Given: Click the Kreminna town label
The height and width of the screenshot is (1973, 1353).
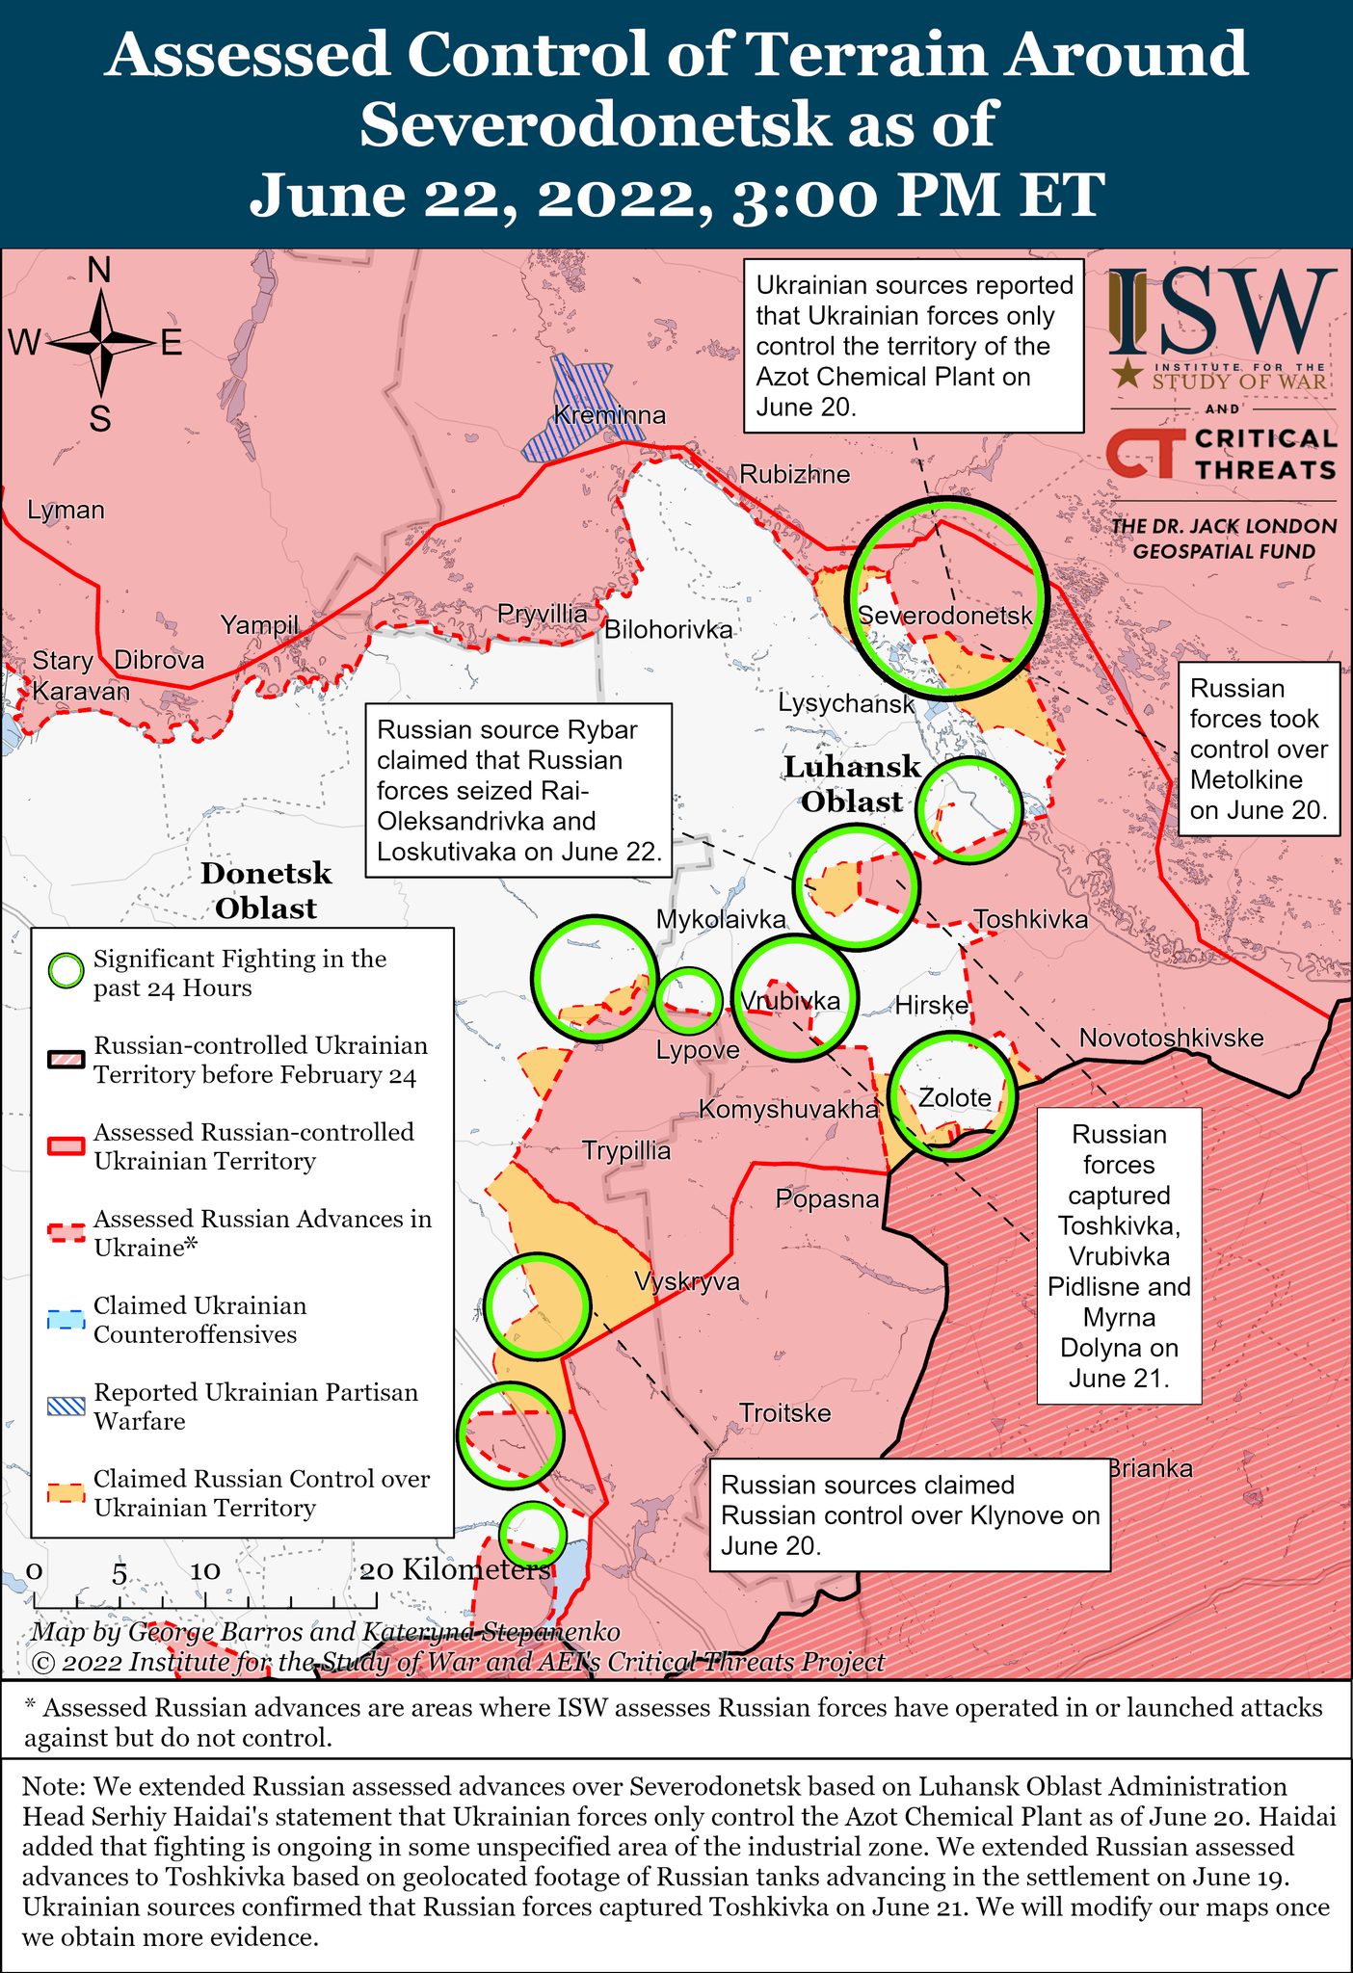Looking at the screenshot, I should (610, 416).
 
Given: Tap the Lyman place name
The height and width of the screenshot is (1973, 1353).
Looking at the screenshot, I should (66, 511).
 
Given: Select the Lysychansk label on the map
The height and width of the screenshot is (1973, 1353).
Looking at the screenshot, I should (846, 703).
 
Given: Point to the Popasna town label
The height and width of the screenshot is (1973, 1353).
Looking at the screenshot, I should (828, 1199).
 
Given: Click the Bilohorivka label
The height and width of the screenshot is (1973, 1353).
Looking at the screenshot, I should (668, 630).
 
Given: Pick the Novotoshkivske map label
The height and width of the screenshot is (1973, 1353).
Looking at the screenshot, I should (1171, 1038).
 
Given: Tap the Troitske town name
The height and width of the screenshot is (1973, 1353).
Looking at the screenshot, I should (784, 1413).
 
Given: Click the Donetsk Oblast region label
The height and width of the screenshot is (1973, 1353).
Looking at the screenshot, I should (266, 890).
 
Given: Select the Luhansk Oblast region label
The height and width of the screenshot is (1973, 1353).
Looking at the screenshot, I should (852, 784).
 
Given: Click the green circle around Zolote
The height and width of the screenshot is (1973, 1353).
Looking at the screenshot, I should (953, 1095).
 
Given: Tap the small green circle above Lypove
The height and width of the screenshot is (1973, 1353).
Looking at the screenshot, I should (689, 999).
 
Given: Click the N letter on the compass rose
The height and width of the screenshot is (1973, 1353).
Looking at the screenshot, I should (99, 272).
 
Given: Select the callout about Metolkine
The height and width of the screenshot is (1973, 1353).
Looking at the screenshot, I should (1259, 749).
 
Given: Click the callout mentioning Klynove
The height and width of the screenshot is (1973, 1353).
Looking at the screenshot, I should (910, 1514).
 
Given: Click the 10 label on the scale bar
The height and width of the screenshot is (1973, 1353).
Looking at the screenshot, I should (205, 1570).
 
